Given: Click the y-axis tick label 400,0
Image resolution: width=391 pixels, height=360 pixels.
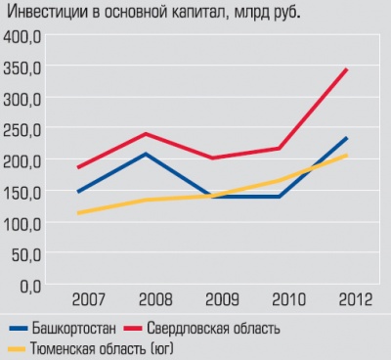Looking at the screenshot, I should pos(23,38).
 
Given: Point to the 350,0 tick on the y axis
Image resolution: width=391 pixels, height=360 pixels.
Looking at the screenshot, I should pos(23,69).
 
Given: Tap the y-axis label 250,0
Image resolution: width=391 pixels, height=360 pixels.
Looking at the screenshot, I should pos(23,130).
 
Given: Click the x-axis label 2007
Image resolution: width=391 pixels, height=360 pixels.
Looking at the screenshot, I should pos(90,297).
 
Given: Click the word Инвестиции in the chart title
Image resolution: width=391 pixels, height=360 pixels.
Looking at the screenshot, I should pos(48,12).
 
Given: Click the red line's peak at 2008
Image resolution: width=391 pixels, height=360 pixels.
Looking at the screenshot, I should pos(145,134).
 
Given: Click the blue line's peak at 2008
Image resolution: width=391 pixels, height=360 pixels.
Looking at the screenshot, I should pos(145,154).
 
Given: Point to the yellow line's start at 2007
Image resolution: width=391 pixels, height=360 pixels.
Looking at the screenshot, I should pos(78,213).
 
